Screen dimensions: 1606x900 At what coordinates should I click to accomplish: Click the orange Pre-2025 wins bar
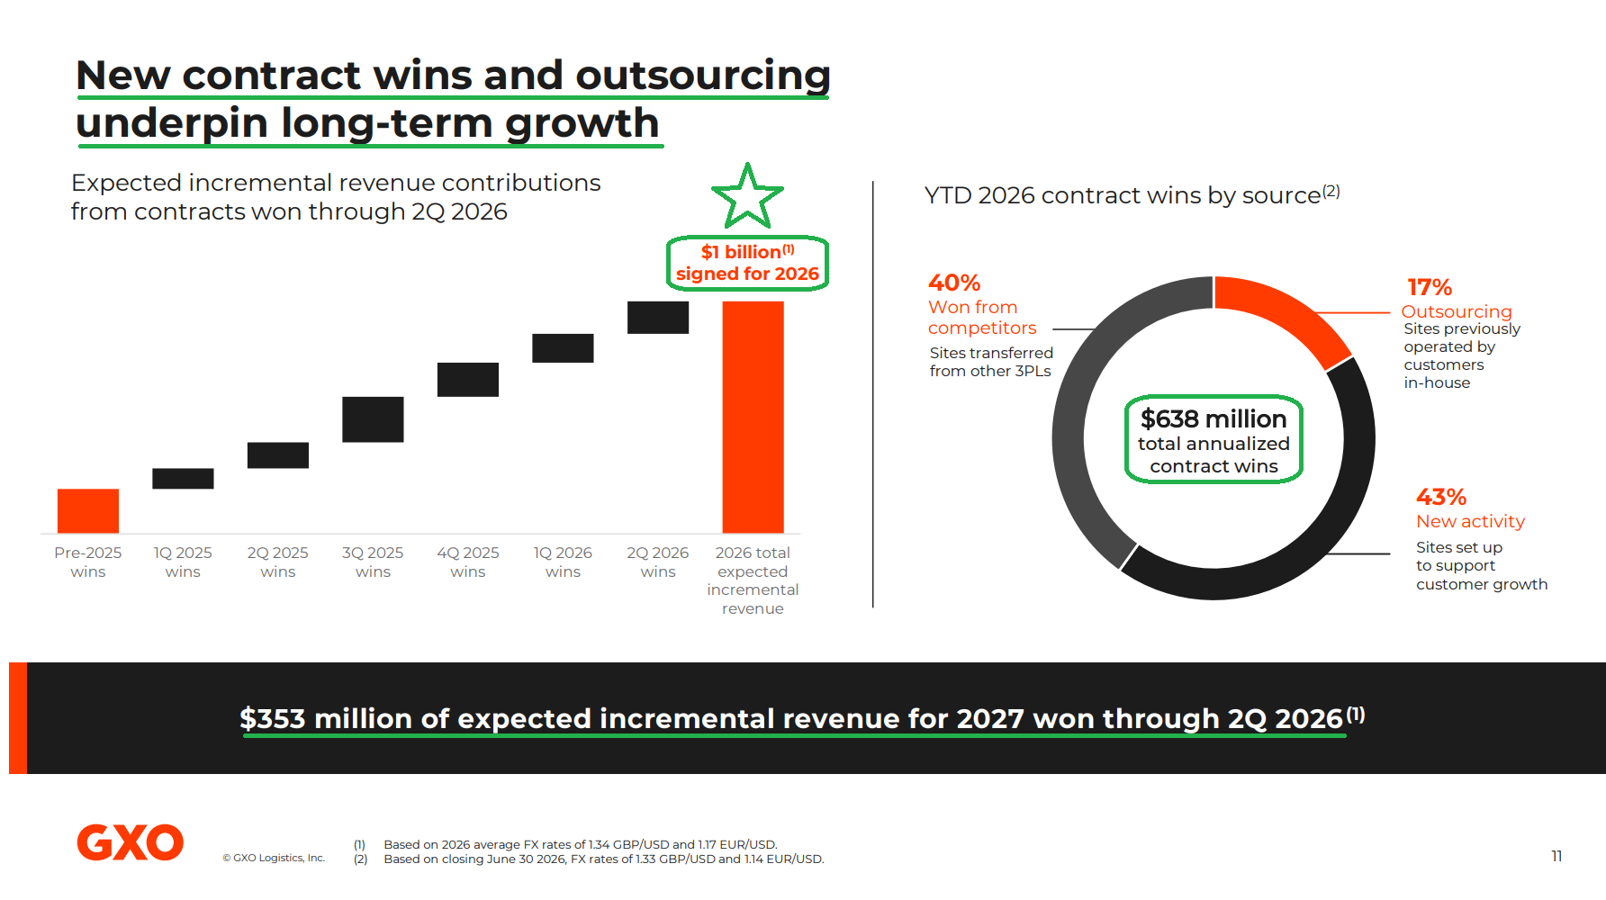coord(88,510)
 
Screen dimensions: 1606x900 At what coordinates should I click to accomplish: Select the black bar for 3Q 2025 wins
coord(373,419)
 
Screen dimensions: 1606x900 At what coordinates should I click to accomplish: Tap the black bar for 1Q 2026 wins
coord(563,348)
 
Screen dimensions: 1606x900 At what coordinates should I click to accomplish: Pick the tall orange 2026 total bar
coord(753,417)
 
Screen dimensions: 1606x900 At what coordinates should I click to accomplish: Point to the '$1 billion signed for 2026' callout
coord(747,263)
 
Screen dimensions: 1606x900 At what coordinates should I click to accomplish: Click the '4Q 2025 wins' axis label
coord(468,562)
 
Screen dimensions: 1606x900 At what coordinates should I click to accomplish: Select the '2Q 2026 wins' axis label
coord(658,562)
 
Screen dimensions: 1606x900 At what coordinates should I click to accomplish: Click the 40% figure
coord(954,283)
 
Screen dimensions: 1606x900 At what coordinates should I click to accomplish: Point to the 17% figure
coord(1430,287)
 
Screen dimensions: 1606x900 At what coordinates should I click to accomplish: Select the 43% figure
coord(1441,497)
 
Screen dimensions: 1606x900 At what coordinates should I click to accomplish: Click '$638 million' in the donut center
coord(1214,418)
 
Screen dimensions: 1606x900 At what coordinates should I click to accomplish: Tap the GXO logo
coord(131,842)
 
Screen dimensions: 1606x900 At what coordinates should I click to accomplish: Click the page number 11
coord(1556,856)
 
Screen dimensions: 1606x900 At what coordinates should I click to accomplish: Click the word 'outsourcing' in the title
coord(703,76)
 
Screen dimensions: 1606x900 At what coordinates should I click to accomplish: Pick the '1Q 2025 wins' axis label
coord(183,562)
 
